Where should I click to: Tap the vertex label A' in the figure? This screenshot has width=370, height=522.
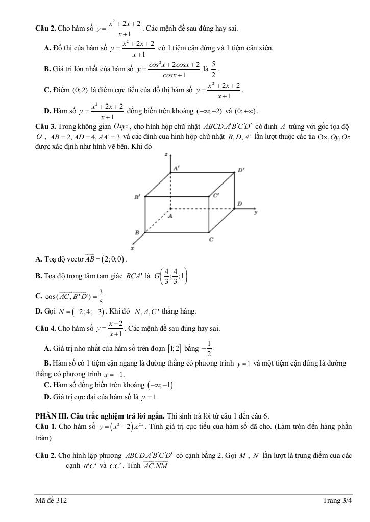click(x=176, y=168)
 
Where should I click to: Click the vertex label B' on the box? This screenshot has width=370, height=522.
click(x=137, y=197)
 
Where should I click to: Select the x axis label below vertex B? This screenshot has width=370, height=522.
click(x=132, y=248)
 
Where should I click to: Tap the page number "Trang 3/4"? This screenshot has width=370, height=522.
click(x=337, y=501)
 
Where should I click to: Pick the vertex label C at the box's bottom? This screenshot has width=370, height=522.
click(x=211, y=239)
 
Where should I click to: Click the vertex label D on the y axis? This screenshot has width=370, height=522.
click(x=239, y=204)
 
